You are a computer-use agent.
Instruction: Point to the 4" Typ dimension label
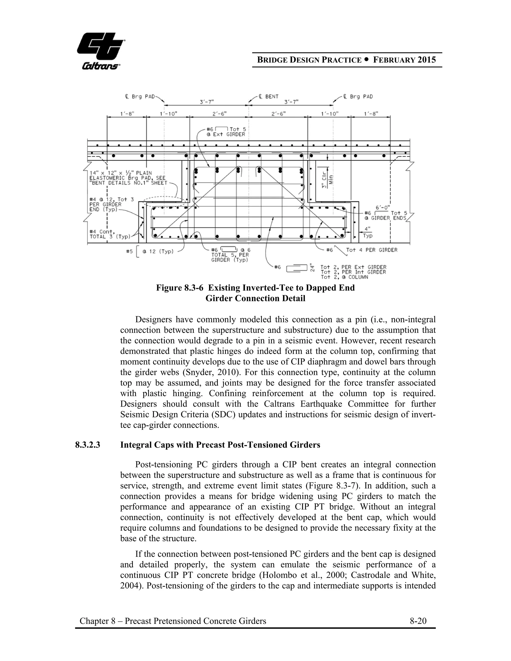point(368,233)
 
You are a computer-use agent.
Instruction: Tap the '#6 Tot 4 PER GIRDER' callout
point(362,250)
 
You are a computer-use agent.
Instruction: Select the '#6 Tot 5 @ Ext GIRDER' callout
point(226,132)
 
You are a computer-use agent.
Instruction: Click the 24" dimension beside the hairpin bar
point(312,267)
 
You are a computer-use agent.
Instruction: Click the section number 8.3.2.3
point(88,445)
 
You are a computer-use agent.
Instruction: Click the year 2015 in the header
point(427,60)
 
